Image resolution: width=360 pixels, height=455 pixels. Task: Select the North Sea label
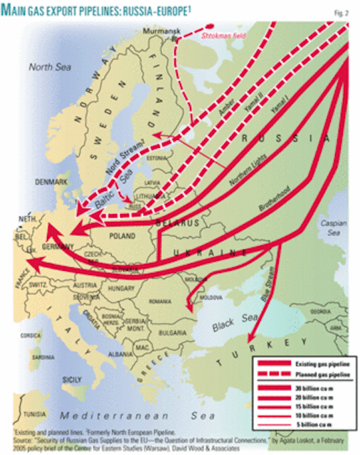tap(46, 68)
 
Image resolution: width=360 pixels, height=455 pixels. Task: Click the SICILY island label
tap(73, 380)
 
